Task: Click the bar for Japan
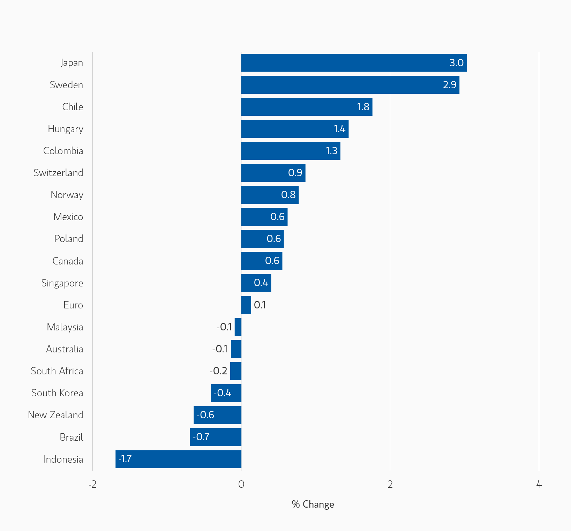[x=354, y=63]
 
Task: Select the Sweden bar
[x=350, y=85]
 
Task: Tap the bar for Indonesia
[x=178, y=459]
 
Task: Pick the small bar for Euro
[x=246, y=305]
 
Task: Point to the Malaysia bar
[x=238, y=327]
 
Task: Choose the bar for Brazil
[x=216, y=437]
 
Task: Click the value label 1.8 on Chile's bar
[x=363, y=107]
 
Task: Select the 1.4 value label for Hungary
[x=339, y=129]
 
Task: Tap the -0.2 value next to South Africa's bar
[x=218, y=371]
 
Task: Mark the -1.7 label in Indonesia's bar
[x=125, y=459]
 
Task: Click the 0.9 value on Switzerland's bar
[x=295, y=173]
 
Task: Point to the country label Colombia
[x=63, y=151]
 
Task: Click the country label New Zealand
[x=55, y=415]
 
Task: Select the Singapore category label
[x=62, y=283]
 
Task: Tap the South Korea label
[x=57, y=393]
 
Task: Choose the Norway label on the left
[x=67, y=195]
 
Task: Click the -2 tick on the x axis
[x=92, y=484]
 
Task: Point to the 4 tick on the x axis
[x=539, y=484]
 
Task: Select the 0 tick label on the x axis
[x=241, y=484]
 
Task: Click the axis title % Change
[x=313, y=504]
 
